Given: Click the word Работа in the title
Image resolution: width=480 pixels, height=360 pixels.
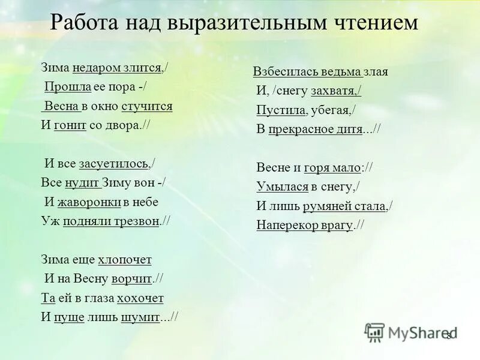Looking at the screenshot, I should coord(83,23).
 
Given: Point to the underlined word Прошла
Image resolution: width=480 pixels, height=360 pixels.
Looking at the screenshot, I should coord(68,87).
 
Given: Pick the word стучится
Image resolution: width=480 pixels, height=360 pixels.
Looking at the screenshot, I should coord(147,106).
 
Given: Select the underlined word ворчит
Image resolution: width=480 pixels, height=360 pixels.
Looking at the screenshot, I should coord(132,279).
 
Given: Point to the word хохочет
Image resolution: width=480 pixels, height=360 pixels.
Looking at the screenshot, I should coord(140,298).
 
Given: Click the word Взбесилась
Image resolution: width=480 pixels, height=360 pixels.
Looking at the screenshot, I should coord(278,72).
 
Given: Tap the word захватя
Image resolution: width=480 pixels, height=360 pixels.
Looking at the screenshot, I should coord(335,91).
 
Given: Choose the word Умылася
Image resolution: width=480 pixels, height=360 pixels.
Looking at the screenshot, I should coord(282,187).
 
